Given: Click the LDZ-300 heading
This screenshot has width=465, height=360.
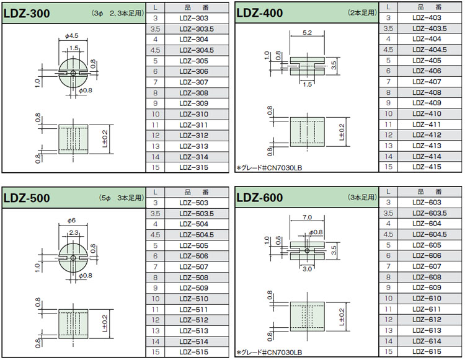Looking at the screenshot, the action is [27, 14].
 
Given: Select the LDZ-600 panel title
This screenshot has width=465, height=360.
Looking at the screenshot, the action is [260, 198].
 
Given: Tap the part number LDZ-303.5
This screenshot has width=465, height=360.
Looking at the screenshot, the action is [197, 29].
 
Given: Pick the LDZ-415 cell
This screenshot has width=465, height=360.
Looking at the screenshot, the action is [427, 167].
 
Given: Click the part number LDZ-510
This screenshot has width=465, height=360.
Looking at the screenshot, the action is [193, 299].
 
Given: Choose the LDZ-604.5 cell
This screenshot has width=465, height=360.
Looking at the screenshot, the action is [430, 234].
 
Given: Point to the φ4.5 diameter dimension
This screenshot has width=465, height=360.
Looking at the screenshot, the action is [72, 36].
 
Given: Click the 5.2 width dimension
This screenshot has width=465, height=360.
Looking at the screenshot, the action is [308, 33].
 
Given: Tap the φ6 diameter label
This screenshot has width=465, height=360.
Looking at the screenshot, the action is [71, 221].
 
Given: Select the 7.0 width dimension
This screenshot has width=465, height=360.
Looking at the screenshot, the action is [308, 217].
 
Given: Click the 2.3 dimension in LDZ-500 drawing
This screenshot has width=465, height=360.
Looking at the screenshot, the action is [74, 233].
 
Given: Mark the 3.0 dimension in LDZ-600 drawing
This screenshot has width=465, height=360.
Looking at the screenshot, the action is [308, 269].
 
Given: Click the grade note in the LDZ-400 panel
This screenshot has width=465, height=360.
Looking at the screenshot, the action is [269, 168].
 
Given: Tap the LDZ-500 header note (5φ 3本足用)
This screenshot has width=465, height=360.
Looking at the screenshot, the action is [122, 198].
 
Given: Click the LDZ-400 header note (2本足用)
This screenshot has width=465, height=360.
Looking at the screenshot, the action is [362, 13].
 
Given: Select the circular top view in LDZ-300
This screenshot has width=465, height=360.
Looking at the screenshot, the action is [73, 73].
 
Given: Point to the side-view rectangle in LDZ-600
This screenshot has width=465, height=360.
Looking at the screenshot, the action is [308, 317].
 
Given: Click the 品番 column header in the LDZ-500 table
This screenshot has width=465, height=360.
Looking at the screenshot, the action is [197, 192].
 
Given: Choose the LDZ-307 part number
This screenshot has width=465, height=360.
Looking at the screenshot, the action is [193, 82].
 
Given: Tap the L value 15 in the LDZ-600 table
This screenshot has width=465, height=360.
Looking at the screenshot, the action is [388, 351].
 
